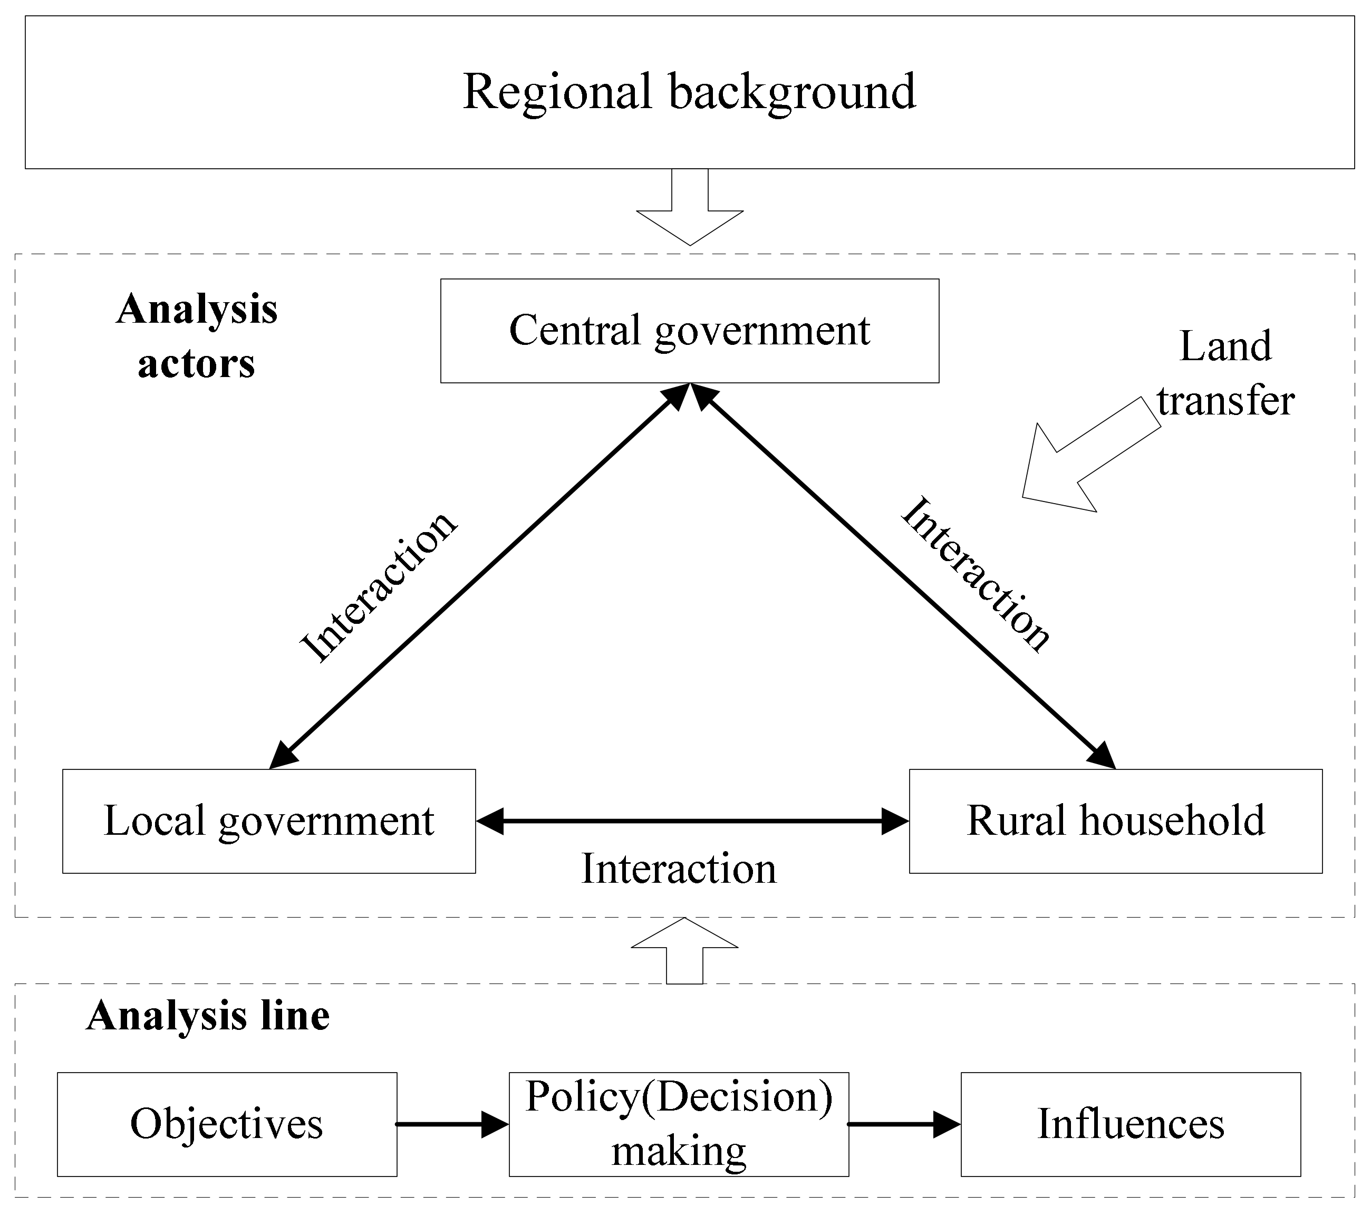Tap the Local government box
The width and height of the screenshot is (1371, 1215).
click(268, 821)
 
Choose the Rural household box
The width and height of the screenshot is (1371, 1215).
click(1115, 821)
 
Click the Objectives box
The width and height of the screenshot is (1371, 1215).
click(227, 1124)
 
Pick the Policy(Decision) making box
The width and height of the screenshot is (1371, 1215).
click(678, 1124)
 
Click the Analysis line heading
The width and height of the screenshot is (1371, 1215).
click(208, 1015)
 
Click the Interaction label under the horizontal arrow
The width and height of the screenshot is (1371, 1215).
click(678, 869)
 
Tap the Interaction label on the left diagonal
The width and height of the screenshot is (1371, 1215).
click(378, 586)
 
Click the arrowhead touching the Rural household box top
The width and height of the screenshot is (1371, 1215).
click(1102, 756)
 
